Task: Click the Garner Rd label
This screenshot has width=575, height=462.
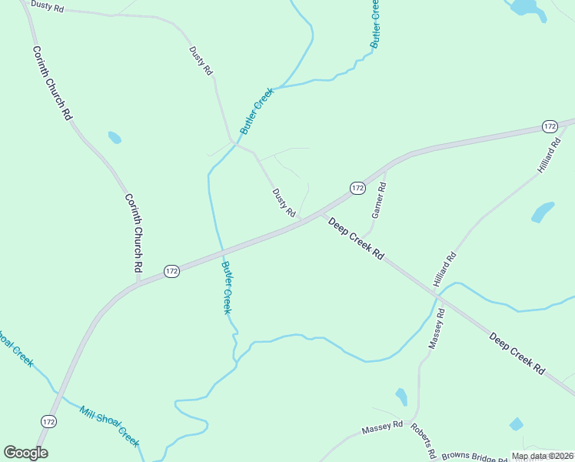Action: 377,203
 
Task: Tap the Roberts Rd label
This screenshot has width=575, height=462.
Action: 424,440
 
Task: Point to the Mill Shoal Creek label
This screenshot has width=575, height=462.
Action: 109,426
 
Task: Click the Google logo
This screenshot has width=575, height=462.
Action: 25,453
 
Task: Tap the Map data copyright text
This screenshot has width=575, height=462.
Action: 542,456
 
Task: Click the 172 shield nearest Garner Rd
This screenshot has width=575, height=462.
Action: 357,188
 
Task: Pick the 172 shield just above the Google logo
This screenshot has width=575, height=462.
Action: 48,422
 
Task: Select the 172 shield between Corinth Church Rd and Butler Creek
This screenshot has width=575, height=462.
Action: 171,271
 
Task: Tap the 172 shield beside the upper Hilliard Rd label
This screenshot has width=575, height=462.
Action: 549,126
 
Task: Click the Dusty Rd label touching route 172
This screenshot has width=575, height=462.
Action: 284,202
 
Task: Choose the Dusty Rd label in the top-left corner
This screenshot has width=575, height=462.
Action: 47,7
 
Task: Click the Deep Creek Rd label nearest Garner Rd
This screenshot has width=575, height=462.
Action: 355,238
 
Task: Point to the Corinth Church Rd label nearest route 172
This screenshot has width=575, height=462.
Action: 135,232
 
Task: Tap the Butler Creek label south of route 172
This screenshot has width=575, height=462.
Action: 227,287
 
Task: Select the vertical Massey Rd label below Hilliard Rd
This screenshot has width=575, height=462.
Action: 436,329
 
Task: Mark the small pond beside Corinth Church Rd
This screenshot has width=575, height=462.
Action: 115,138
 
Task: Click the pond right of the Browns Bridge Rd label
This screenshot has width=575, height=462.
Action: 516,424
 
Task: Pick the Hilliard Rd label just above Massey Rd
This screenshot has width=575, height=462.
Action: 444,270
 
